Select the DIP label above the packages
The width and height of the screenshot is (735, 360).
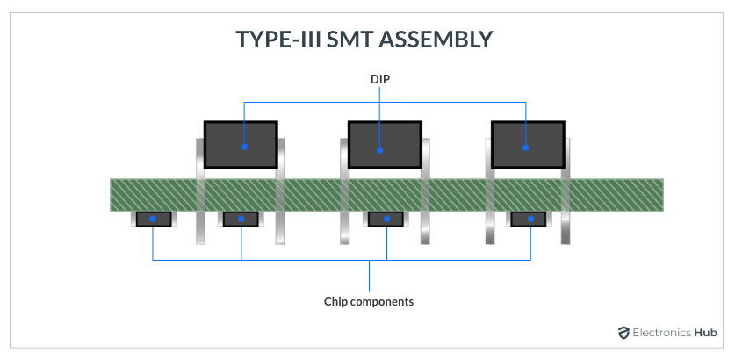coord(379,79)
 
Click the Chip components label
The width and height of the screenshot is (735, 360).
coord(368,301)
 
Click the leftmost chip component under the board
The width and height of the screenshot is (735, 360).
coord(153,219)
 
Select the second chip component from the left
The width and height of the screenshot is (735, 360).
coord(240,219)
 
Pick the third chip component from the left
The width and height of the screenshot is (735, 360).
coord(385,219)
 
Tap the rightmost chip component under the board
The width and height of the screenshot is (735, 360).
coord(529,219)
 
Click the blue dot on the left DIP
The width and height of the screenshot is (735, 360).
coord(245,147)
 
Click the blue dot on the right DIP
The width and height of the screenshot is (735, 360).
coord(525,147)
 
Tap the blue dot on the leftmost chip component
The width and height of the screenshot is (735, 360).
coord(153,219)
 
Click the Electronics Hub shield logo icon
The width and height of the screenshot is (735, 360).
coord(623,333)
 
